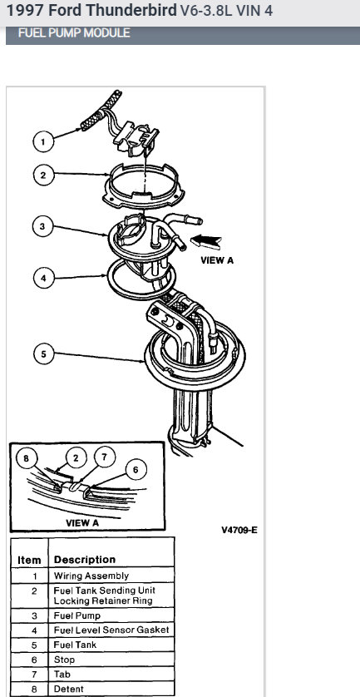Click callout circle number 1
coord(44,141)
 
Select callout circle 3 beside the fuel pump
coord(44,225)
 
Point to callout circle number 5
coord(44,354)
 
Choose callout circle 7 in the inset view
coord(105,456)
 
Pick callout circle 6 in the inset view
coord(135,471)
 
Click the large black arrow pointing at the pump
coord(207,241)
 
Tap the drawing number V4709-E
coord(239,530)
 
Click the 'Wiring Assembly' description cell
coord(91,575)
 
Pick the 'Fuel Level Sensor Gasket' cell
coord(111,630)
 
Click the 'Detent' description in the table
coord(69,689)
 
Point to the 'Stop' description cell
coord(66,659)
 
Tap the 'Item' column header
coord(29,560)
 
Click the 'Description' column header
coord(85,560)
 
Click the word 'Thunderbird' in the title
coord(136,12)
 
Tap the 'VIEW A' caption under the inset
coord(82,523)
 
